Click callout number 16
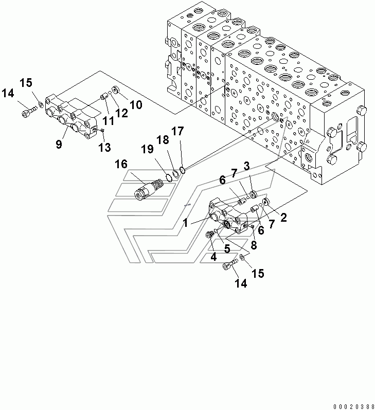coord(121,165)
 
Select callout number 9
coord(59,144)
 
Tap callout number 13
coord(104,148)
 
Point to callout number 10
coord(136,105)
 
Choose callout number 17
coord(178,131)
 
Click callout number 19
coord(147,149)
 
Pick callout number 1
coord(185,223)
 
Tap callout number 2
coord(283,217)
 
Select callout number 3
coord(246,166)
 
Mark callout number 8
coord(254,245)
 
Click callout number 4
coord(213,257)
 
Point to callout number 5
coord(227,248)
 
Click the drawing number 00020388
coord(354,406)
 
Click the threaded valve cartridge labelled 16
coord(149,189)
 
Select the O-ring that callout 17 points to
coord(183,170)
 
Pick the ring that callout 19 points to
coord(169,178)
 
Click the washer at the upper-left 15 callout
coord(41,105)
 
